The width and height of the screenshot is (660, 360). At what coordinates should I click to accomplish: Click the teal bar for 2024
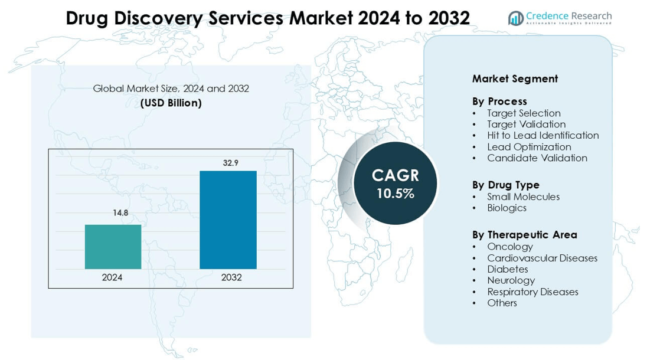[113, 247]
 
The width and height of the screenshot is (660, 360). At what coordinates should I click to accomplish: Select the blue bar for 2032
[228, 220]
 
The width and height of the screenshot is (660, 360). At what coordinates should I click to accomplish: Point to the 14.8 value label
[120, 212]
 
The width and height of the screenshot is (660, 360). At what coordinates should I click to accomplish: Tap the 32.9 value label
[230, 163]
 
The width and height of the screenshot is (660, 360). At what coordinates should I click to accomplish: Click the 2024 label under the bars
[112, 277]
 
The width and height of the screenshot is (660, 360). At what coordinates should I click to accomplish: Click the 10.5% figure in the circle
[395, 193]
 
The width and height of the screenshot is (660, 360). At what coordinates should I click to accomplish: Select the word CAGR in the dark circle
[395, 175]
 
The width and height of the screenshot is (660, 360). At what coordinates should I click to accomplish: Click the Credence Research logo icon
[516, 18]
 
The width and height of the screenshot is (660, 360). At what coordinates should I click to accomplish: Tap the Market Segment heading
[515, 78]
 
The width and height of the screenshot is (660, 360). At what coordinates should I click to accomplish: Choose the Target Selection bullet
[524, 113]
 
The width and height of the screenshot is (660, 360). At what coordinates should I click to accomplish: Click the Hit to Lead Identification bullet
[543, 136]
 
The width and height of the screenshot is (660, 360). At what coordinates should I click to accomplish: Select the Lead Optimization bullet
[529, 147]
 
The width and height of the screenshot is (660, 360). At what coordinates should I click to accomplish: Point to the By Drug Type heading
[505, 185]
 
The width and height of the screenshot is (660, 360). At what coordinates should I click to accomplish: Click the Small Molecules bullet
[523, 197]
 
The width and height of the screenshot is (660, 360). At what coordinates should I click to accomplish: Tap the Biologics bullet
[507, 208]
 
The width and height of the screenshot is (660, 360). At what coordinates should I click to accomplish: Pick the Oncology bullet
[509, 247]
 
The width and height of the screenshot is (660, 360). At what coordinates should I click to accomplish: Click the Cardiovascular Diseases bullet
[542, 258]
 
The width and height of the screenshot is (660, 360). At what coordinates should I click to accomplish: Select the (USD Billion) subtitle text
[171, 103]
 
